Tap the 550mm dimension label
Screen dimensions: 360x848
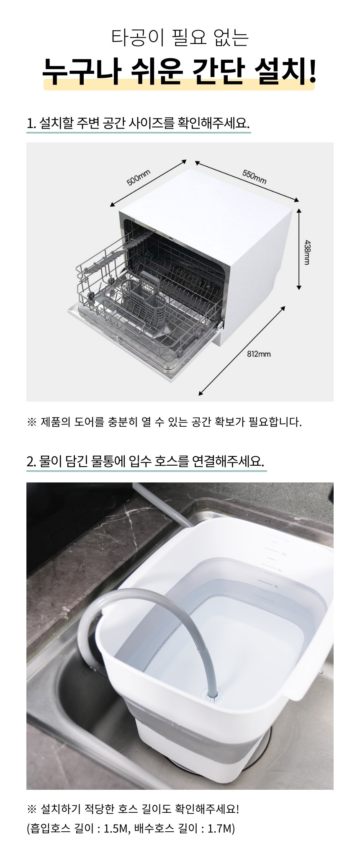click(254, 177)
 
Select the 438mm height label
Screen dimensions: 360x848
click(306, 252)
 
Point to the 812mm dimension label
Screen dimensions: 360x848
click(259, 354)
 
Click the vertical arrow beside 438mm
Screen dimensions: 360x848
click(299, 249)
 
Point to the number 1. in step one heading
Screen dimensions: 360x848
click(31, 124)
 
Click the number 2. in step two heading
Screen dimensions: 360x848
click(31, 461)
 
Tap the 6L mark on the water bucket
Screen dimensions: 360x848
click(277, 587)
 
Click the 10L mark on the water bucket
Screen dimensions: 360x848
click(283, 554)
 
